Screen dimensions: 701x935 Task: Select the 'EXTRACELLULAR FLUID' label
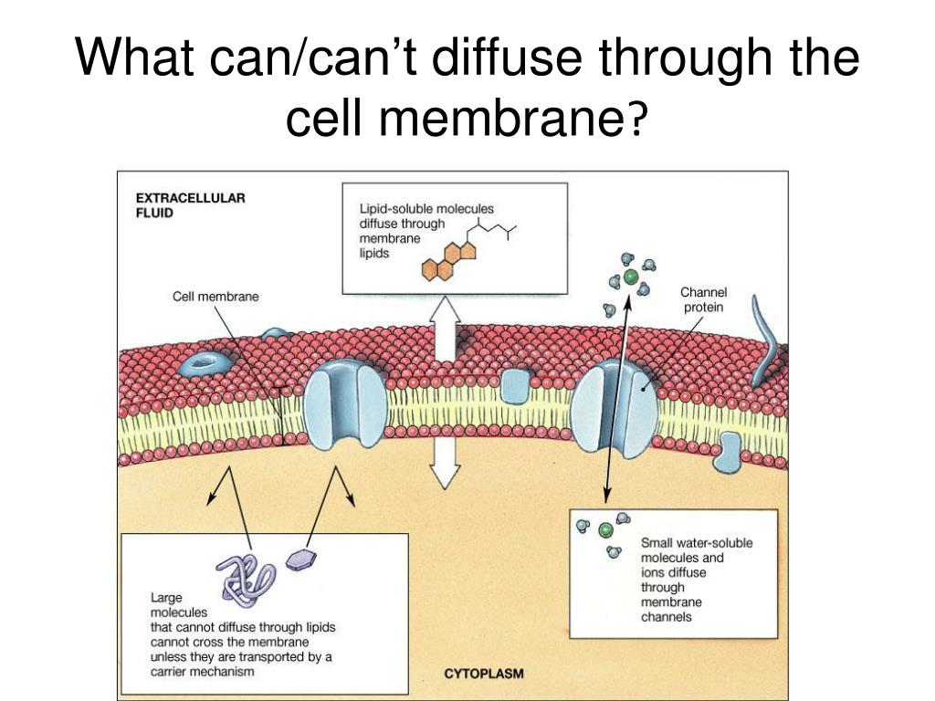click(190, 204)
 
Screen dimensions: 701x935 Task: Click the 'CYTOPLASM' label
click(483, 675)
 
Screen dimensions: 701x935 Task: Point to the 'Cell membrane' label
click(215, 296)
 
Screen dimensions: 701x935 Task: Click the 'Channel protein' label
click(703, 299)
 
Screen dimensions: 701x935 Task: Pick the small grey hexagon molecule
click(299, 560)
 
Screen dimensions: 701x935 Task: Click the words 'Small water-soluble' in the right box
click(697, 542)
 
